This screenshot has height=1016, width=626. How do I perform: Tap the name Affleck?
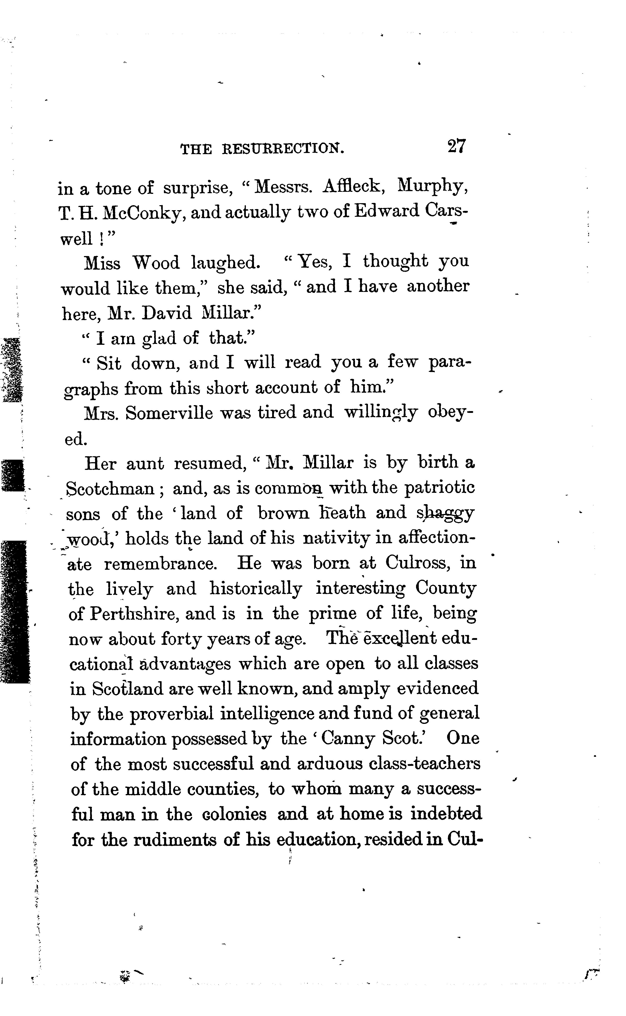point(354,187)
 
